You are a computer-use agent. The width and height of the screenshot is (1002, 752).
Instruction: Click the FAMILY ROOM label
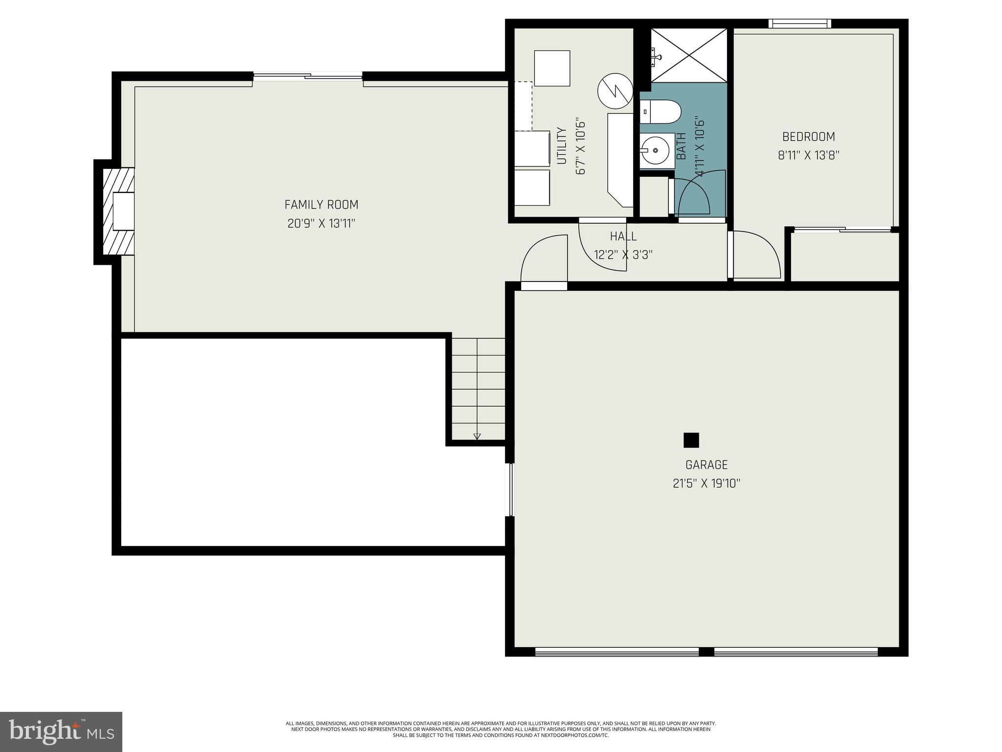[321, 205]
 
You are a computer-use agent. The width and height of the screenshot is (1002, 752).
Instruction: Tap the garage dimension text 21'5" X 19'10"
[706, 484]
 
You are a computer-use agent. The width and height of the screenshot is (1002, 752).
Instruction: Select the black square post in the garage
[691, 440]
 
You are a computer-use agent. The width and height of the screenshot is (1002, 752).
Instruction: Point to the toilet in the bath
[660, 112]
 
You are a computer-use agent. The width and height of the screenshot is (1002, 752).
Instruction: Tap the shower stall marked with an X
[688, 55]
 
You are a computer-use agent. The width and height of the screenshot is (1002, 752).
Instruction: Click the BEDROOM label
[808, 137]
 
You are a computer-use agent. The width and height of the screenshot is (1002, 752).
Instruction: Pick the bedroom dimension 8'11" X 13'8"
[808, 156]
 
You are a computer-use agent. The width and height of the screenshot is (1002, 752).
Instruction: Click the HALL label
[623, 236]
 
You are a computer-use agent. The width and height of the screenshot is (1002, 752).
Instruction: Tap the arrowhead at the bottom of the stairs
[477, 436]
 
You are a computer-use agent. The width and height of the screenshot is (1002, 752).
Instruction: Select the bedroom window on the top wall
[799, 23]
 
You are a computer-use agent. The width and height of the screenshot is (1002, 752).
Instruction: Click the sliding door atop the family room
[308, 76]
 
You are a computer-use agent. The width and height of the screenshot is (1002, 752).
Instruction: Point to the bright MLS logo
[61, 731]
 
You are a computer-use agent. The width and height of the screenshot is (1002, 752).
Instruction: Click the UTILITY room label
[562, 146]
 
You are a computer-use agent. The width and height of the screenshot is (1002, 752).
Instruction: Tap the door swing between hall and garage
[543, 262]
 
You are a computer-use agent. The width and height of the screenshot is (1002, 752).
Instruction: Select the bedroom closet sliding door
[842, 229]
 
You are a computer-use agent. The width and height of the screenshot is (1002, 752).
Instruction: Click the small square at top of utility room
[552, 68]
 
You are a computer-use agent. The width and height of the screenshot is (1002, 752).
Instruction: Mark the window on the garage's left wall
[509, 490]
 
